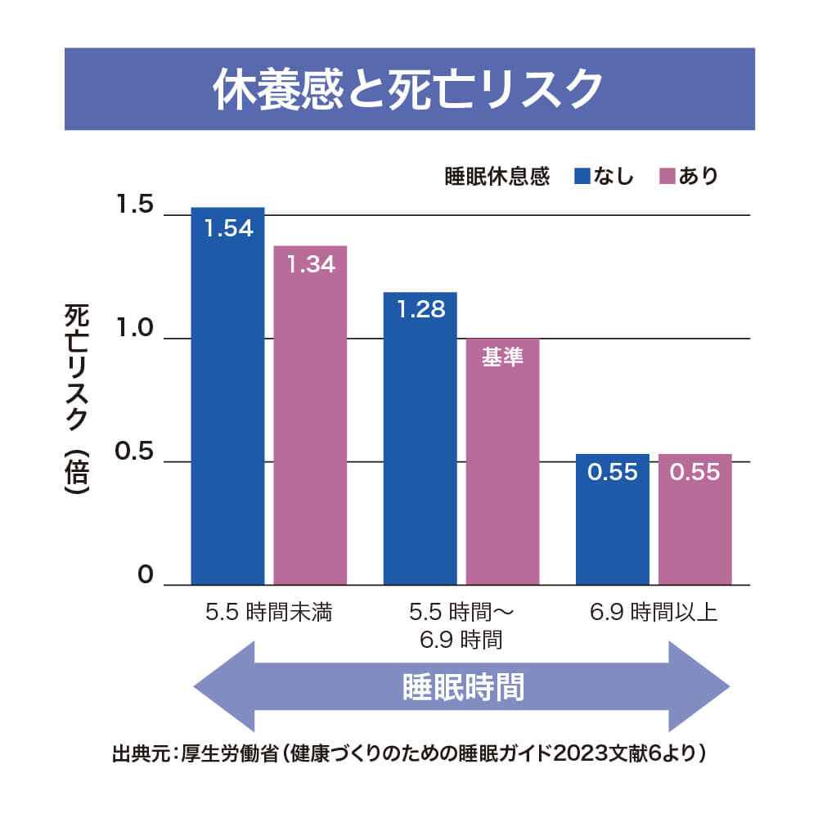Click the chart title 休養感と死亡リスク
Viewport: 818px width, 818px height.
(408, 88)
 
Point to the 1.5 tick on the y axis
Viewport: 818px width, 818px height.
(134, 205)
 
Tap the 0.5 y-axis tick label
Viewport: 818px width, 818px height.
(134, 452)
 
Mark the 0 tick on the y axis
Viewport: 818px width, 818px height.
(146, 575)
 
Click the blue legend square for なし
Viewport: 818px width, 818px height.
(582, 176)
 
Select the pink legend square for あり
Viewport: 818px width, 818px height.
(667, 176)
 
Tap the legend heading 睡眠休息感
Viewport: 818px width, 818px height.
(496, 176)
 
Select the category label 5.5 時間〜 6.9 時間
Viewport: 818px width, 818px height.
(461, 626)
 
